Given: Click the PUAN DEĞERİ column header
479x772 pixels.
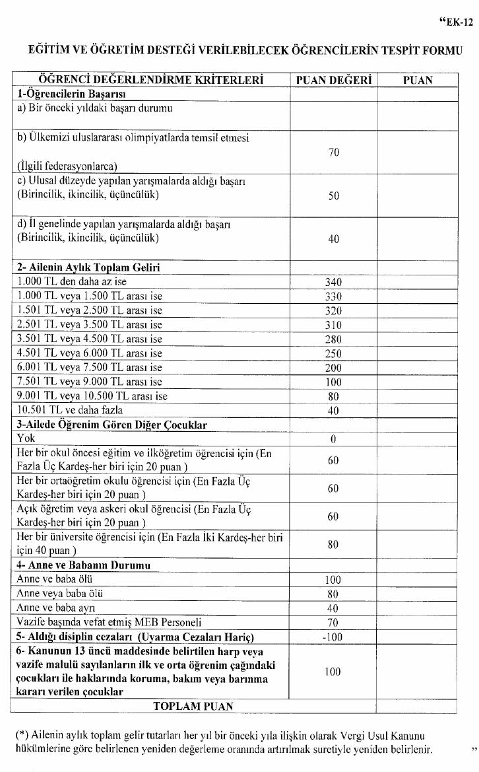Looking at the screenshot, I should (333, 81).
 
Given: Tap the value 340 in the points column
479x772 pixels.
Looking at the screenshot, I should (333, 282).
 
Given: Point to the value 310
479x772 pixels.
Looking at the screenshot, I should (333, 325).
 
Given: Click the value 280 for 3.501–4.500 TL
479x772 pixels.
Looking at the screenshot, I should (333, 339).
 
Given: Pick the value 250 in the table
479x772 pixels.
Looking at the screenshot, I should (333, 354).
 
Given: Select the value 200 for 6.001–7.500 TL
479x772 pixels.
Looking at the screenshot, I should (333, 368).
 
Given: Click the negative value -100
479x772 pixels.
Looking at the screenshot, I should (333, 637).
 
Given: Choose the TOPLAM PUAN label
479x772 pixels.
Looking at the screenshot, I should (193, 706).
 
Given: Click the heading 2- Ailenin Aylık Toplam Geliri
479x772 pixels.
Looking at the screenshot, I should (88, 267).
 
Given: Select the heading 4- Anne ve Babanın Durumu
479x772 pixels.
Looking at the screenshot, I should (84, 565).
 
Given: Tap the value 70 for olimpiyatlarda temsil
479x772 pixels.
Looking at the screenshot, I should (333, 153).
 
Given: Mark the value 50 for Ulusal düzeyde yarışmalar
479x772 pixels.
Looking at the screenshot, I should (333, 196).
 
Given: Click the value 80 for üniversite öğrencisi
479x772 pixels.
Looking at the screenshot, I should (333, 544).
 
